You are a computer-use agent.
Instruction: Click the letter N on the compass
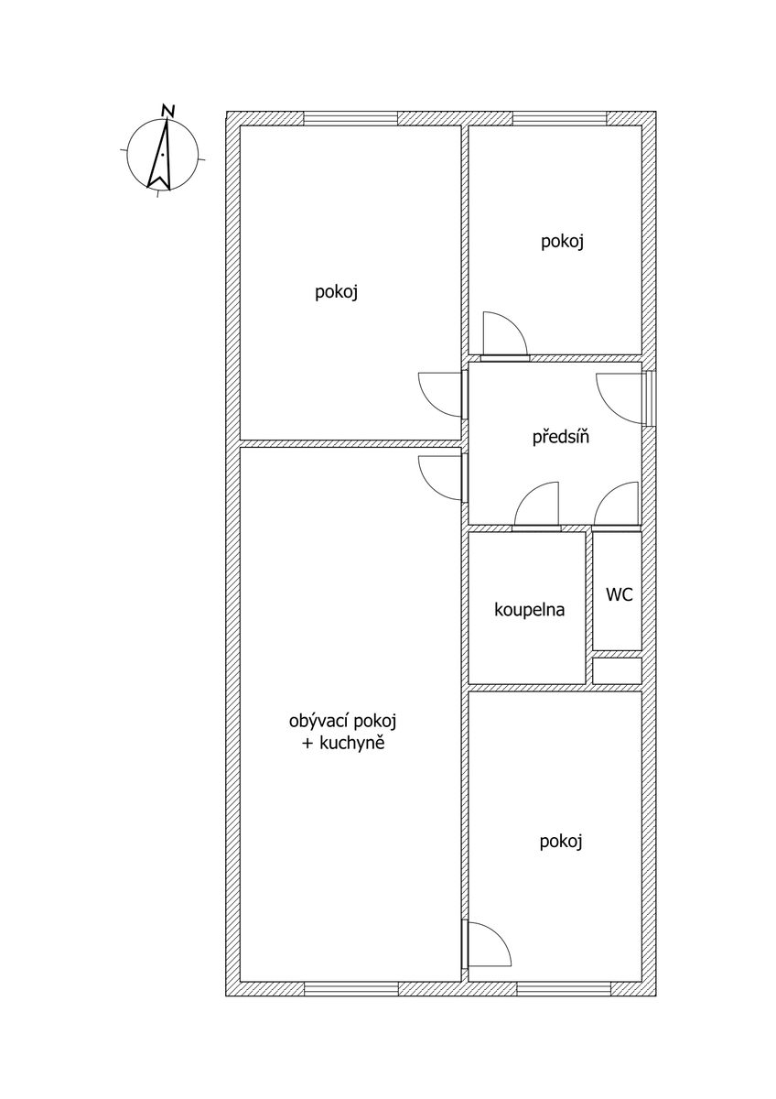click(168, 111)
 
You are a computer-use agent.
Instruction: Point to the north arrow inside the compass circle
click(161, 155)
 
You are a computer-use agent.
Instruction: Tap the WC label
click(620, 594)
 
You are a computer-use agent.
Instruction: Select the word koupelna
click(530, 609)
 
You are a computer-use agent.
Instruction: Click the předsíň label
click(560, 437)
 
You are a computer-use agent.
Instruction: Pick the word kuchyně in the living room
click(351, 744)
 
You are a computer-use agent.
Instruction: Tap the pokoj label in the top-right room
click(562, 242)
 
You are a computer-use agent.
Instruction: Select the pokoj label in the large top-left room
click(336, 292)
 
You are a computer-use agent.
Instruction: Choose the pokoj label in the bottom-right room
click(561, 842)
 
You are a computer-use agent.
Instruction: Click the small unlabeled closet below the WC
click(617, 670)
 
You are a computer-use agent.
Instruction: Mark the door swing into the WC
click(617, 505)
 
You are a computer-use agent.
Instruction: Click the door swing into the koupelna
click(536, 505)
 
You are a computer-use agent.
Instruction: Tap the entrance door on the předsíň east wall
click(621, 397)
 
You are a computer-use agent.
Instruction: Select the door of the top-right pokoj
click(505, 335)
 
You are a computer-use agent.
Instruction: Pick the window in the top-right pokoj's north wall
click(560, 118)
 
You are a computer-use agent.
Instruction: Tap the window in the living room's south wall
click(351, 988)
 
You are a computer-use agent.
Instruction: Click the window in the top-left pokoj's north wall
click(350, 118)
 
